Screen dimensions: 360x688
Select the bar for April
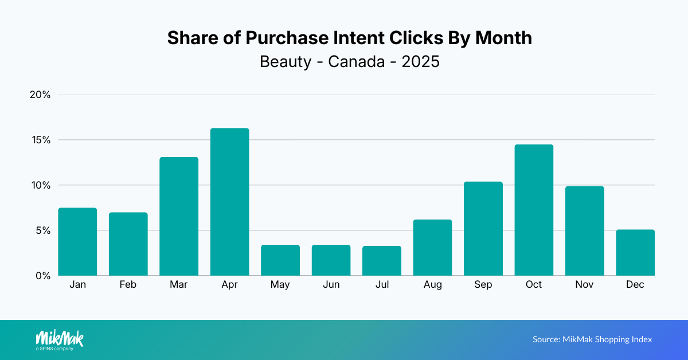pos(229,202)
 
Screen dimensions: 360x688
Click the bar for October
pos(534,210)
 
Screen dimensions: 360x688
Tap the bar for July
pos(382,261)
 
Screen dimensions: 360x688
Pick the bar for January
pos(77,241)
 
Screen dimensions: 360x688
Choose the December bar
pos(635,252)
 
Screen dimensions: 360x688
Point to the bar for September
pos(483,229)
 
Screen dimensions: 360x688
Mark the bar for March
pos(179,216)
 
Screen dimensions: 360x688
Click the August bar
pos(432,248)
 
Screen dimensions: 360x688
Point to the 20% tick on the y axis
pos(40,95)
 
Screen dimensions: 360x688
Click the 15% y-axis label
pos(40,140)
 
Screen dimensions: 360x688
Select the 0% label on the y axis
pos(42,276)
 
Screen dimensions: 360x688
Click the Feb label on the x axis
pos(128,285)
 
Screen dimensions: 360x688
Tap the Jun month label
pos(331,285)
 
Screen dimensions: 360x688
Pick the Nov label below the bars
pos(585,285)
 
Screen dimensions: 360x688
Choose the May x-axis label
pos(280,285)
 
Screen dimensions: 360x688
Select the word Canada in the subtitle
pos(356,61)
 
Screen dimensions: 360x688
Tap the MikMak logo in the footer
pos(60,339)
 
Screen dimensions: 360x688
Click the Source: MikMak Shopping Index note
pos(592,339)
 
